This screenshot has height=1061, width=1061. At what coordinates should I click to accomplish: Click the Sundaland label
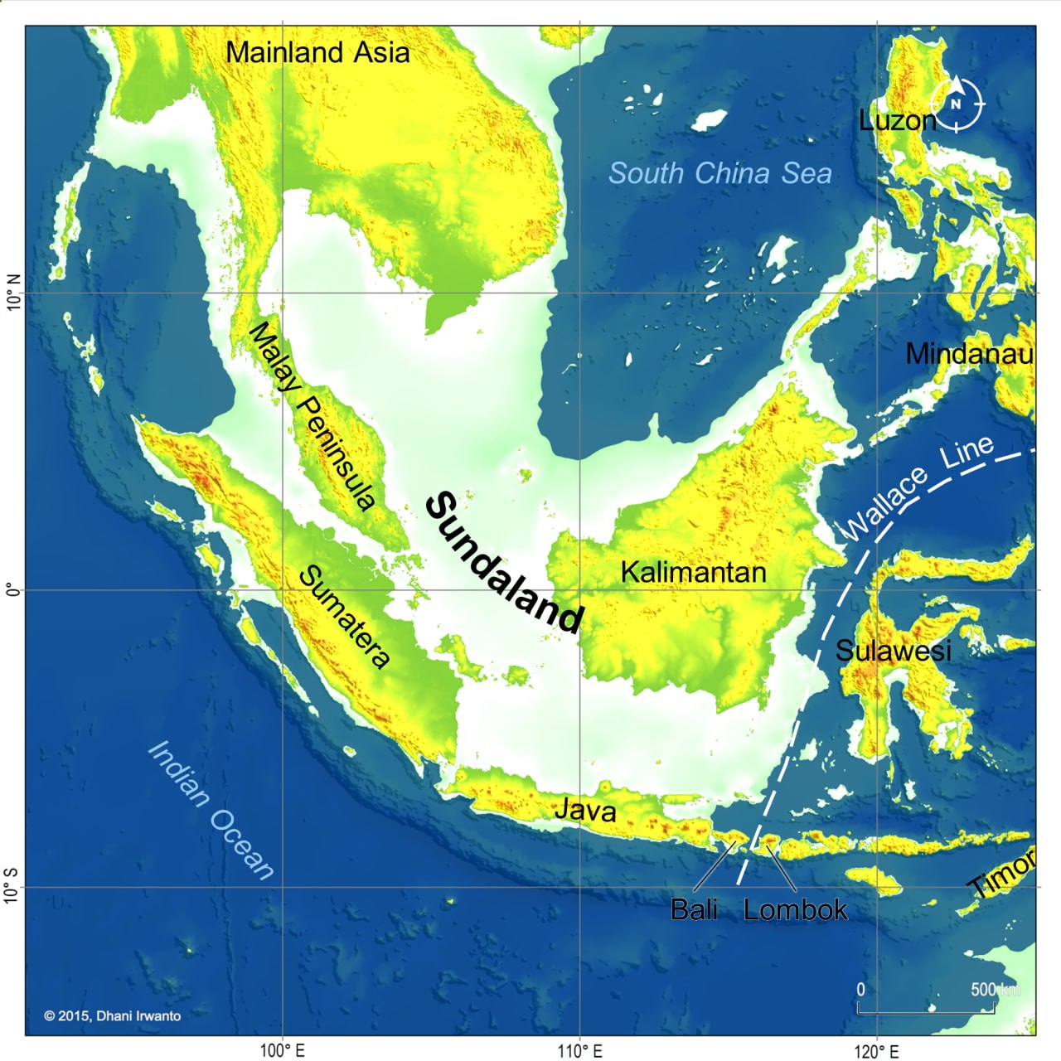tap(504, 564)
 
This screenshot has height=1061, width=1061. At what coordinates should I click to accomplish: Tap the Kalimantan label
tap(693, 572)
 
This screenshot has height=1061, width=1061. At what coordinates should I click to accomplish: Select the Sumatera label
tap(344, 617)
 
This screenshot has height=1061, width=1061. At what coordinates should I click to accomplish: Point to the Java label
tap(585, 809)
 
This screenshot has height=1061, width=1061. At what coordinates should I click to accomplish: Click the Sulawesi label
tap(893, 651)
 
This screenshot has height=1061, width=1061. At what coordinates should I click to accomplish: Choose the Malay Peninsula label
tap(312, 414)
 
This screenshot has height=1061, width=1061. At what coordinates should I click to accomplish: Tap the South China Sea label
tap(719, 173)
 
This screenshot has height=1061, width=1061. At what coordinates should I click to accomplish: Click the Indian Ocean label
tap(211, 809)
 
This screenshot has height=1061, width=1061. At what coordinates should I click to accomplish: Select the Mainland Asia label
tap(317, 52)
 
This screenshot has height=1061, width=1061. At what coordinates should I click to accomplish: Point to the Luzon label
tap(897, 121)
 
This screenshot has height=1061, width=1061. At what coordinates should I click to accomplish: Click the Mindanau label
tap(969, 354)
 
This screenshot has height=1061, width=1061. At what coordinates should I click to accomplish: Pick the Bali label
tap(694, 909)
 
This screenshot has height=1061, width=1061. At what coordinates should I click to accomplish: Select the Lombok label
tap(795, 909)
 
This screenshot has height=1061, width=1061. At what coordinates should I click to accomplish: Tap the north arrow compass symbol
tap(957, 104)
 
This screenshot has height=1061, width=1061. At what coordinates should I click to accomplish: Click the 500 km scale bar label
tap(995, 990)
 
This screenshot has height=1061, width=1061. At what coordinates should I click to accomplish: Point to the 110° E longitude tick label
tap(580, 1051)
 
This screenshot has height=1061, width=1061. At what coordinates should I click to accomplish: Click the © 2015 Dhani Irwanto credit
tap(112, 1015)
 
